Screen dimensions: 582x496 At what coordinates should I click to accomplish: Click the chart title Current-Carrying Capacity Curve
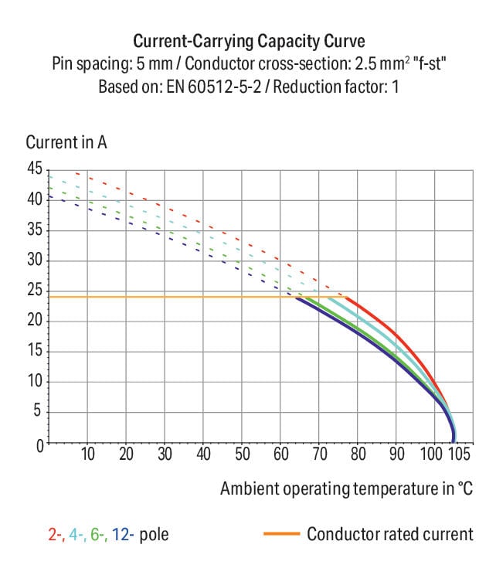(248, 41)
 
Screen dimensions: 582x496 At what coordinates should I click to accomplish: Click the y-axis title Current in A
(66, 143)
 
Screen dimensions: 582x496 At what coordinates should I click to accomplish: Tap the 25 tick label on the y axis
(34, 291)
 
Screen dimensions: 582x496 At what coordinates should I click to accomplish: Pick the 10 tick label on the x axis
(88, 454)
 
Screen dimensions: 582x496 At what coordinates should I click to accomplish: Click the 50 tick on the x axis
(242, 454)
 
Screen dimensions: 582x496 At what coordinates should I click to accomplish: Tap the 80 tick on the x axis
(357, 454)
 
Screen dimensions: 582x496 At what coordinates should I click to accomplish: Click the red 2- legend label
(54, 534)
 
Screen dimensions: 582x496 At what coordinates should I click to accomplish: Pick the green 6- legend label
(96, 534)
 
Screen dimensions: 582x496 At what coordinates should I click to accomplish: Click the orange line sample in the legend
(281, 534)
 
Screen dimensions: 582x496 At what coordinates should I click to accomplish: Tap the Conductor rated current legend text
(389, 534)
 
